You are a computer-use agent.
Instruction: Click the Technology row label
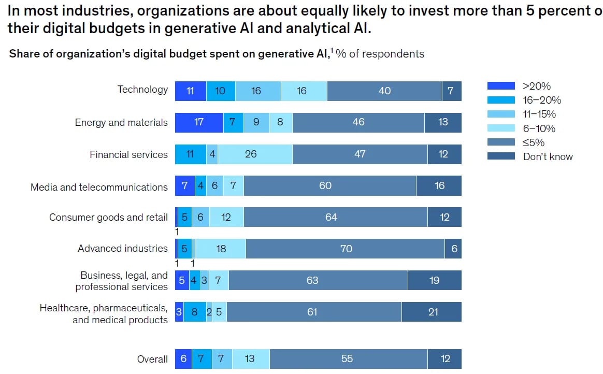point(142,90)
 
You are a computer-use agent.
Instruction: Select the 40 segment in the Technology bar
point(384,91)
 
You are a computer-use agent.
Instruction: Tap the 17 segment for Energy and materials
point(199,122)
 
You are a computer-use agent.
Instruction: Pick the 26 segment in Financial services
point(251,154)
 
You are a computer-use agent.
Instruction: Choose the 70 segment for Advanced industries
point(346,249)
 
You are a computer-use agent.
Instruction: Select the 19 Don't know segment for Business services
point(434,280)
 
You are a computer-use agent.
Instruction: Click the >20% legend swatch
point(501,86)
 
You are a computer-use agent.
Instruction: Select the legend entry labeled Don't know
point(548,156)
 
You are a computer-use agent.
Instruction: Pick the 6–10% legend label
point(539,128)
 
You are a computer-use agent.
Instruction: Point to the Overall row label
point(152,359)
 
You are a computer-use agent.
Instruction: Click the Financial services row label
point(128,154)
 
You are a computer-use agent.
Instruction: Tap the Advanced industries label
point(123,248)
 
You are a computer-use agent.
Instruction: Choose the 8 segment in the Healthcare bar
point(194,312)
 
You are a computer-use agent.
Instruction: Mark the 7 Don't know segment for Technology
point(451,91)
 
